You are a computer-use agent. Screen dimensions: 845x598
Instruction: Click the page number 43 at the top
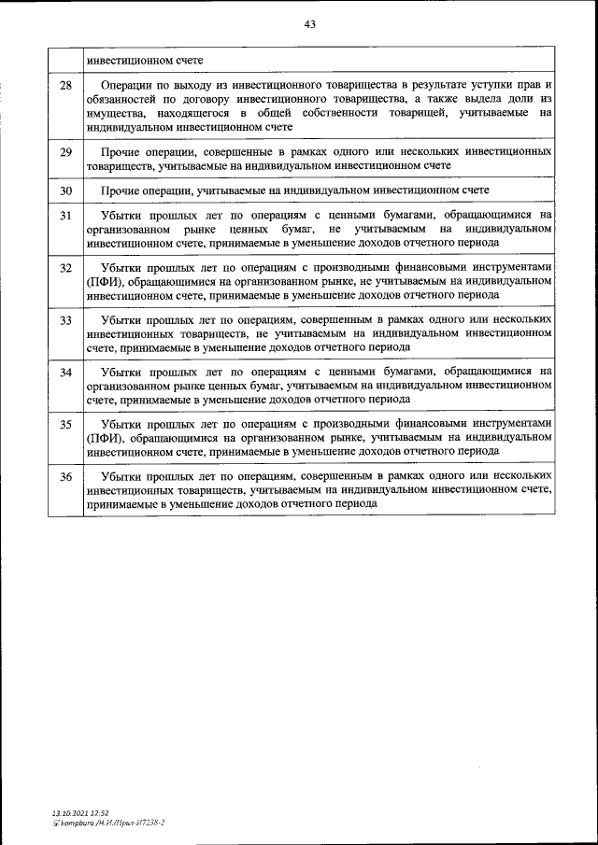point(309,25)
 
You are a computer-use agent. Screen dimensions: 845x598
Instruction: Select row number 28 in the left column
point(65,86)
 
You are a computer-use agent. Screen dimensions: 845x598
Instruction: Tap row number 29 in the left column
point(65,151)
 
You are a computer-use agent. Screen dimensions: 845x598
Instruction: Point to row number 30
point(65,190)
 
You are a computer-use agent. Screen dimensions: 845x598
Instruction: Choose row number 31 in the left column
point(65,217)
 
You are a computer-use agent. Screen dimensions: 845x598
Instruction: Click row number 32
point(65,269)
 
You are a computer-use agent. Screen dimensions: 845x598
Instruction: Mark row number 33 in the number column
point(65,321)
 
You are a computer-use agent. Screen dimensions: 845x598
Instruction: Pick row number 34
point(65,373)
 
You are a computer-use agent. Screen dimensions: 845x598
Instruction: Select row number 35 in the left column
point(65,426)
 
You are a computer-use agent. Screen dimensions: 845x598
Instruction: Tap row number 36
point(65,477)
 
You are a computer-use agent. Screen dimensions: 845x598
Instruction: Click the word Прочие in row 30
point(121,190)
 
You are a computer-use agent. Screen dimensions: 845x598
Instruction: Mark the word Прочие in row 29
point(121,151)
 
